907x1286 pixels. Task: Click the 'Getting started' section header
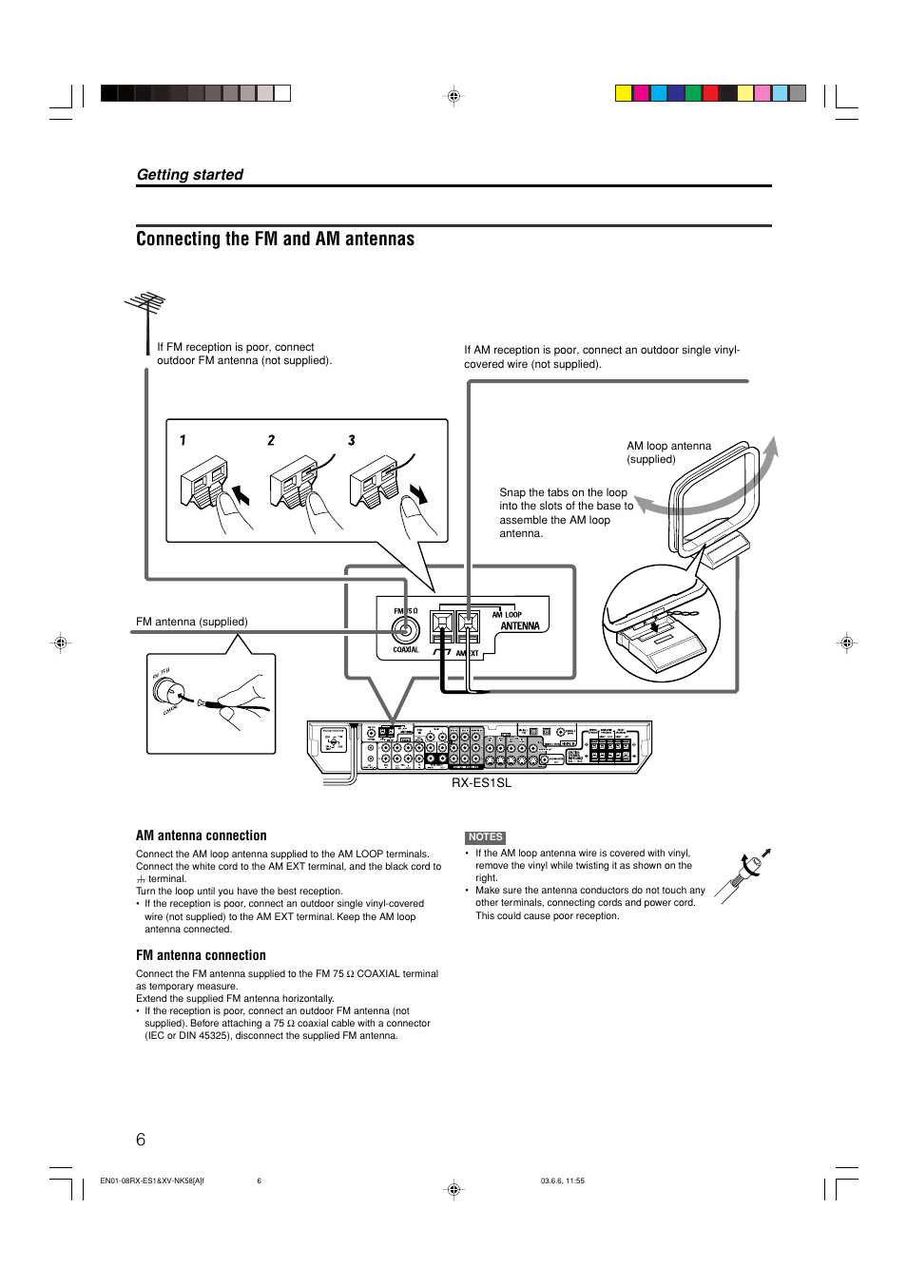(190, 175)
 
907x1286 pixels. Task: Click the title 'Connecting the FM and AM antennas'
(275, 240)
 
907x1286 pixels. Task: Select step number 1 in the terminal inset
(183, 440)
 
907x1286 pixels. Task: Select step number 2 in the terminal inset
(271, 440)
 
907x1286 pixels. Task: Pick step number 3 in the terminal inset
(351, 440)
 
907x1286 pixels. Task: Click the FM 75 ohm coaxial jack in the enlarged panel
(405, 629)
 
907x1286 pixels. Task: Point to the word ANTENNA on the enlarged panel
(520, 626)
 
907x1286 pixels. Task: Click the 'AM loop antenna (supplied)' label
(668, 452)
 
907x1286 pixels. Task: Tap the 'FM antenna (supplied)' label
(191, 622)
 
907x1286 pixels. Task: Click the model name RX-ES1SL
(481, 783)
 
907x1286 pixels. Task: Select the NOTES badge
(485, 837)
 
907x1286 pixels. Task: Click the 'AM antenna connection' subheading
(201, 835)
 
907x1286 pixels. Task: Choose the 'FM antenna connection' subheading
(201, 955)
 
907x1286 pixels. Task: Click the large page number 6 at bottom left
(141, 1140)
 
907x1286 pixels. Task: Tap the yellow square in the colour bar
(623, 93)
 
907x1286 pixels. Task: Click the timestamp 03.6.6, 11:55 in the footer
(562, 1181)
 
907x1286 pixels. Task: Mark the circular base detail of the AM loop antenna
(661, 624)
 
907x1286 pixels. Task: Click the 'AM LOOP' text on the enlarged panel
(507, 614)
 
